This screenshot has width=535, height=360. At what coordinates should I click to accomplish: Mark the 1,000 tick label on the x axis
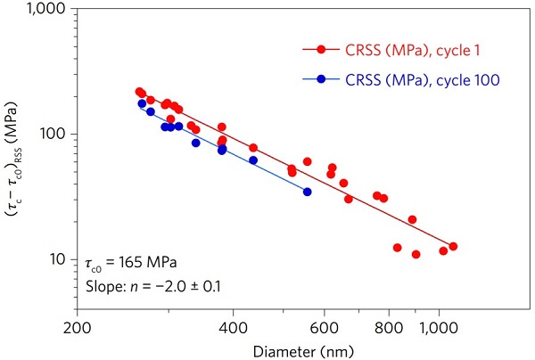pos(439,326)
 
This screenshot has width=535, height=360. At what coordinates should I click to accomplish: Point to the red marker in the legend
pos(322,51)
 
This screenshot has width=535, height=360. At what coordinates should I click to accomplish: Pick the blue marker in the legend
pos(322,79)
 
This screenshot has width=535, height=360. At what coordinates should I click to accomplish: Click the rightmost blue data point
pos(307,192)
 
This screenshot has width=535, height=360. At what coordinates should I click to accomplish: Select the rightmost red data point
pos(453,246)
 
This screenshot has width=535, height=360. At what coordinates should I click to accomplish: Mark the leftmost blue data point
pos(142,104)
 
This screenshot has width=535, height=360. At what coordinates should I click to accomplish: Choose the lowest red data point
pos(416,254)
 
